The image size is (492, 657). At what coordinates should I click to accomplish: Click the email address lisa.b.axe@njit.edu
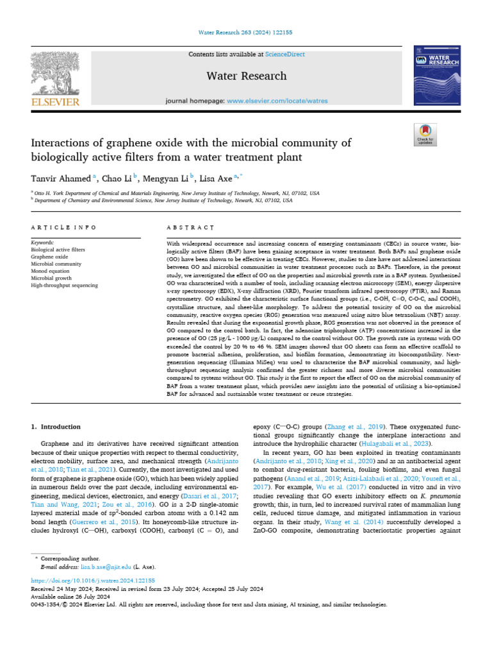(x=104, y=567)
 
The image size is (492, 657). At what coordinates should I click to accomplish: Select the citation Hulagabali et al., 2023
(x=400, y=444)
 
